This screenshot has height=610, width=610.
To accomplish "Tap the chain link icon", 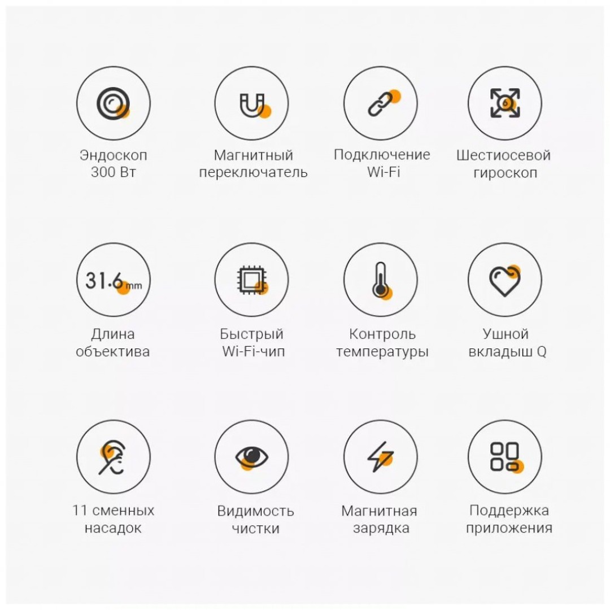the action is click(x=381, y=103).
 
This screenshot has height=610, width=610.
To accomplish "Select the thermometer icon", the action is click(x=381, y=280).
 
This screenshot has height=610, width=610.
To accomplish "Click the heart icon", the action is click(x=504, y=281).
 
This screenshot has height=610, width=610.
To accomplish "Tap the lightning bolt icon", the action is click(x=381, y=457).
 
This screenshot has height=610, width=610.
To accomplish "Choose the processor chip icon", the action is click(x=252, y=280).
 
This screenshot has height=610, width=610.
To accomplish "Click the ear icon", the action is click(x=112, y=457).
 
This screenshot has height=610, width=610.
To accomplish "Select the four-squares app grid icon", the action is click(x=505, y=457).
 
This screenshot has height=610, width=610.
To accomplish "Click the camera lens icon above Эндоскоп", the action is click(x=113, y=103).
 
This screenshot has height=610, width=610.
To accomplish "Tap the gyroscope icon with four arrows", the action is click(x=505, y=103).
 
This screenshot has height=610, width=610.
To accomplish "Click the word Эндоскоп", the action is click(x=113, y=155).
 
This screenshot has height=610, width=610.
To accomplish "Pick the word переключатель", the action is click(x=253, y=172).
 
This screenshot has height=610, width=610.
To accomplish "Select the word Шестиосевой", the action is click(x=503, y=155).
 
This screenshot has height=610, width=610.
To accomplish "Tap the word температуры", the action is click(x=382, y=352).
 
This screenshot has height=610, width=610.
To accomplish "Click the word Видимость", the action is click(x=256, y=511).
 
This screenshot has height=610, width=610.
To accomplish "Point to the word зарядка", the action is click(x=381, y=528).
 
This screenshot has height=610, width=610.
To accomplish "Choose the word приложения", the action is click(x=509, y=528).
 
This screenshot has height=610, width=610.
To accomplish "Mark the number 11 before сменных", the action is click(x=80, y=511).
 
